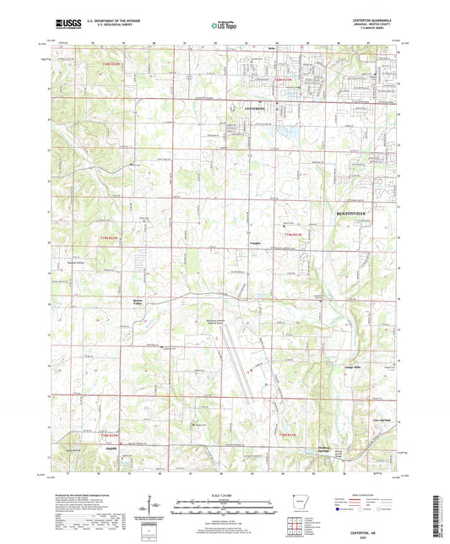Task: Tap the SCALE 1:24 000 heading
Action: pyautogui.click(x=224, y=495)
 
